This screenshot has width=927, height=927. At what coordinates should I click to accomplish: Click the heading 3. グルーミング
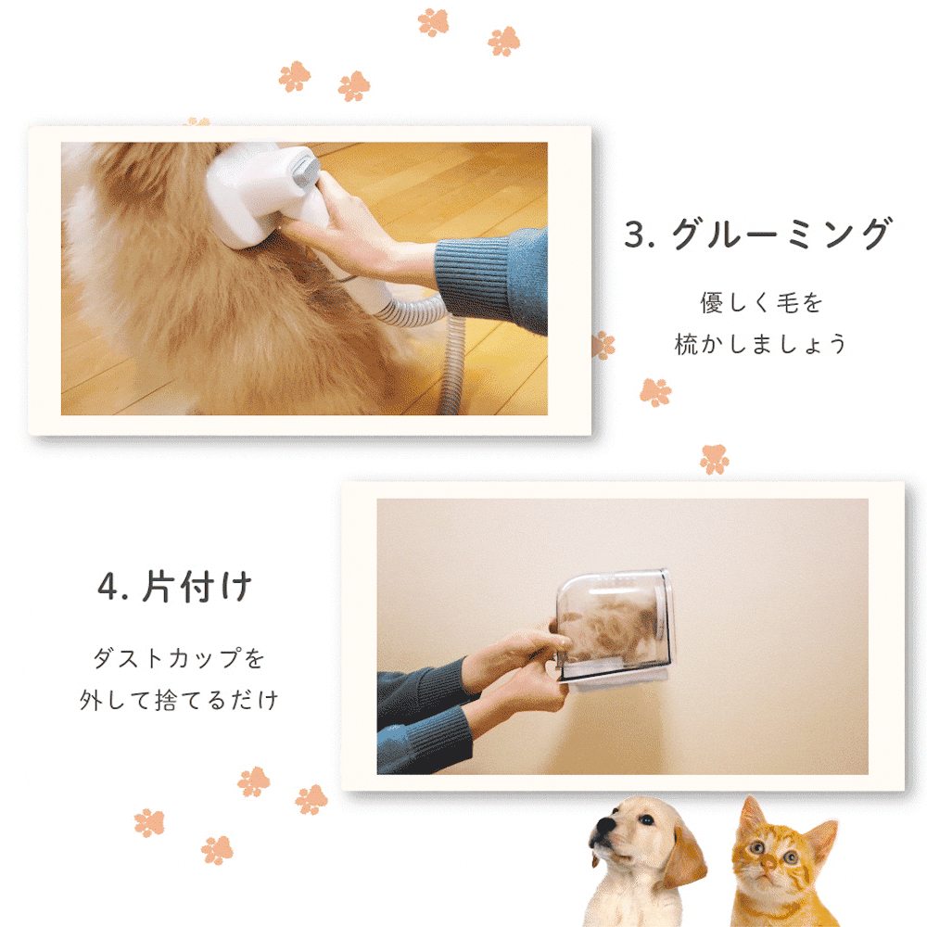pyautogui.click(x=758, y=234)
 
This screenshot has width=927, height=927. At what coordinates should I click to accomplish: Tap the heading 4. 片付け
pyautogui.click(x=175, y=587)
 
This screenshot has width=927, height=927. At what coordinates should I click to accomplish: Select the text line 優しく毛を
pyautogui.click(x=761, y=303)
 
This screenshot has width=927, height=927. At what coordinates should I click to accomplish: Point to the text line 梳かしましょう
pyautogui.click(x=761, y=344)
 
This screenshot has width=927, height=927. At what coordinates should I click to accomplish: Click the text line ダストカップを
pyautogui.click(x=179, y=658)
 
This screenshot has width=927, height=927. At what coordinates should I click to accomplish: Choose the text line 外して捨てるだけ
pyautogui.click(x=179, y=700)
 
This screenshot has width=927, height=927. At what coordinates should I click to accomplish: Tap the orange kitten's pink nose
pyautogui.click(x=768, y=865)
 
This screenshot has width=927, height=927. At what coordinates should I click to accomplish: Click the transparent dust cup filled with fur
pyautogui.click(x=614, y=626)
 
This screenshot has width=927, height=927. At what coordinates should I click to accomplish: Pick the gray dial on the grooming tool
pyautogui.click(x=304, y=169)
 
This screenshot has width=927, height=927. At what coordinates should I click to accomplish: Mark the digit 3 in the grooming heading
pyautogui.click(x=635, y=235)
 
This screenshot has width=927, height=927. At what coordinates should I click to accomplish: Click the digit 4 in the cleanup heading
pyautogui.click(x=108, y=587)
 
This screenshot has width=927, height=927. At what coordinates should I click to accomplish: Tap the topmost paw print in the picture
pyautogui.click(x=433, y=22)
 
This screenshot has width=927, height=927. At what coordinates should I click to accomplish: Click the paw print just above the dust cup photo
pyautogui.click(x=714, y=459)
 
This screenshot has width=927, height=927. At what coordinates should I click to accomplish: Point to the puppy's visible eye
pyautogui.click(x=646, y=820)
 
